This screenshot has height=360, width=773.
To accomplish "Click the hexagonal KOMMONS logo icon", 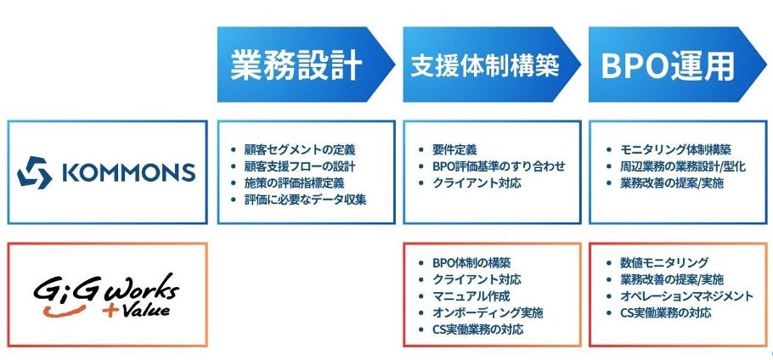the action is point(36,173).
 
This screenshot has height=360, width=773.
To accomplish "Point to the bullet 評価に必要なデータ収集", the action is point(306,200).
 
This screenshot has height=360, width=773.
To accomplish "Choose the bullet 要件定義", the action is point(454,149).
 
